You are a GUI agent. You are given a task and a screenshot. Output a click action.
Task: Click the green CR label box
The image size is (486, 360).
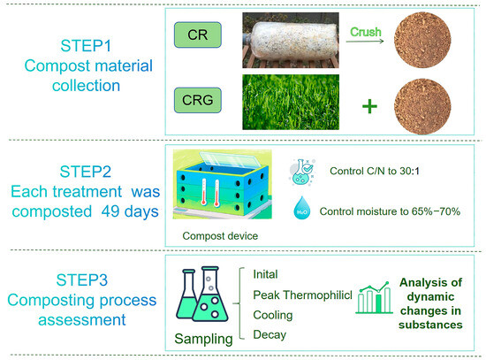(x=198, y=34)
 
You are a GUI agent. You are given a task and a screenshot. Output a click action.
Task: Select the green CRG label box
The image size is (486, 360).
(x=198, y=100)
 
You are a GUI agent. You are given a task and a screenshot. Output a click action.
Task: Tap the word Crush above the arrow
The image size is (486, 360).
(x=366, y=32)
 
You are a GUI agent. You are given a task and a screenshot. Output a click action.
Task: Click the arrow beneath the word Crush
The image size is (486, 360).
(x=365, y=41)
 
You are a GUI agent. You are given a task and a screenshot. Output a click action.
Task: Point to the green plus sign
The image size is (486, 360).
(x=369, y=107)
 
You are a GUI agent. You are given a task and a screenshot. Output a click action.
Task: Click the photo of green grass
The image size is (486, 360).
(x=291, y=102)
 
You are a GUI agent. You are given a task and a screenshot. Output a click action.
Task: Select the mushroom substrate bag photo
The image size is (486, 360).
(x=291, y=41)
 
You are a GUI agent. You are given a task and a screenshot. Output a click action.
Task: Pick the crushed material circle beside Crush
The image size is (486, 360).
(x=422, y=40)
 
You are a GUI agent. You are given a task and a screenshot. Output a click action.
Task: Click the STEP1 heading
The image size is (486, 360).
(x=86, y=46)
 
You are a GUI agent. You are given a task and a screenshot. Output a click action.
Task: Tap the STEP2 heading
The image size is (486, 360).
(x=85, y=172)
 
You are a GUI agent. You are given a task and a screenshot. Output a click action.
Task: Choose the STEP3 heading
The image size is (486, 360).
(x=82, y=280)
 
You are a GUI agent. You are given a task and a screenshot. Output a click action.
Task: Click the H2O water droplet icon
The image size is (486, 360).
(x=302, y=208)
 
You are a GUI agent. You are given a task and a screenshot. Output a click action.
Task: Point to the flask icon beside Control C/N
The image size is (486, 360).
(x=303, y=172)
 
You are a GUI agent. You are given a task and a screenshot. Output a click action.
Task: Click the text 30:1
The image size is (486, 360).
(x=409, y=171)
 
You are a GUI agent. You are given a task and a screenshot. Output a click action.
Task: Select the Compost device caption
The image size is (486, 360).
(x=220, y=236)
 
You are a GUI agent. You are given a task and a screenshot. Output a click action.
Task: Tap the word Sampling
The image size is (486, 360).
(x=203, y=339)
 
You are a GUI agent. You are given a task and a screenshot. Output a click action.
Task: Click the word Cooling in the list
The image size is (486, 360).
(x=273, y=315)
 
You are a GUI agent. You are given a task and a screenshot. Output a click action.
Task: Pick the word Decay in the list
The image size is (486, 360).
(x=270, y=335)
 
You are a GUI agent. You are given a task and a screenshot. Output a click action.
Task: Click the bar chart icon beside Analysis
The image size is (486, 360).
(x=374, y=297)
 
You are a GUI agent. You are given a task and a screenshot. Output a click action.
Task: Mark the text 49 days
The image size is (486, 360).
(x=130, y=211)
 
